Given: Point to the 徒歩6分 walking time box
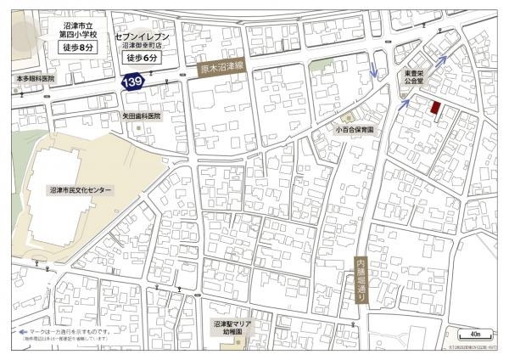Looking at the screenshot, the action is pyautogui.click(x=143, y=59).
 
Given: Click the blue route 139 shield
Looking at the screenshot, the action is pyautogui.click(x=131, y=82).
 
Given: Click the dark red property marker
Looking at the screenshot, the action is pyautogui.click(x=436, y=109).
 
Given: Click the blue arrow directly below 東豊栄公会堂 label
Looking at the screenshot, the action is pyautogui.click(x=405, y=104).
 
